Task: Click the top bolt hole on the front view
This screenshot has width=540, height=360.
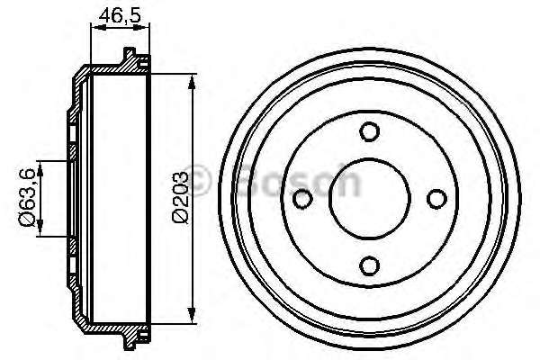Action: coord(368,131)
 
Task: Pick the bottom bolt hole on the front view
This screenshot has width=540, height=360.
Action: coord(368,265)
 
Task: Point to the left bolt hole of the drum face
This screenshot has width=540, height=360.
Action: coord(302,198)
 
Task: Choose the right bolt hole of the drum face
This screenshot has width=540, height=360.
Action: coord(436,198)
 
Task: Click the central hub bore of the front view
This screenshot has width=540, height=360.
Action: coord(368,198)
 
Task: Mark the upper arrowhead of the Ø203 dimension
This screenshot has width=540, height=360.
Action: coord(193,83)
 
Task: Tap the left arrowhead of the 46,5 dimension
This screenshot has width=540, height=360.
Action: coord(95,28)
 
